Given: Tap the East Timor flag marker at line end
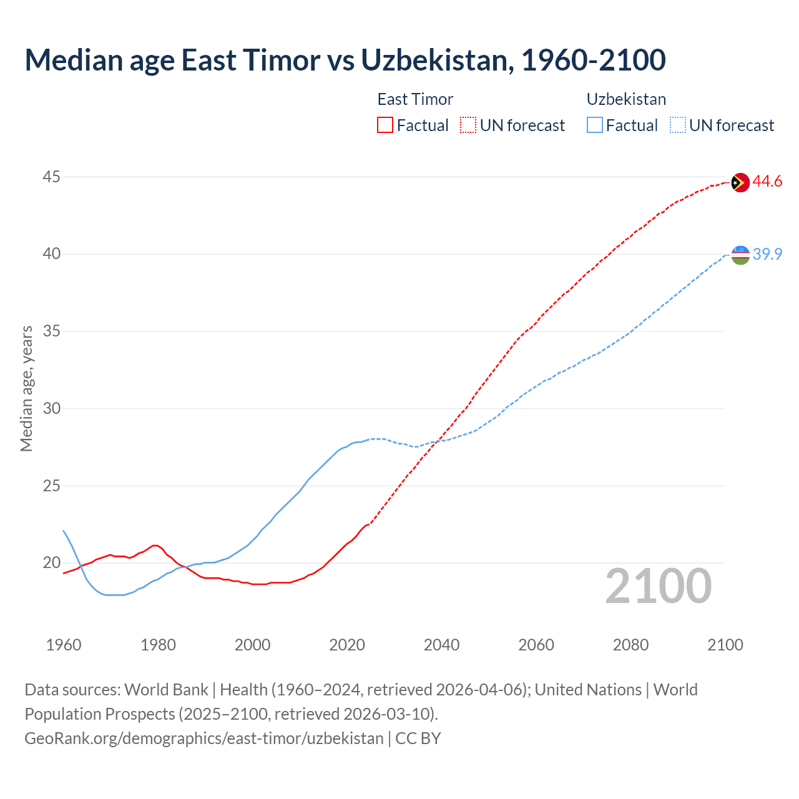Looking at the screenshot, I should (740, 182).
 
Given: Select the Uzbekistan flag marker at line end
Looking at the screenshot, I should (740, 255).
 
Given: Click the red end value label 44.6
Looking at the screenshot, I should (767, 182).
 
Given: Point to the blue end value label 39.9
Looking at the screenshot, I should (767, 254).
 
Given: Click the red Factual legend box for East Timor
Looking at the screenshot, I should (385, 125).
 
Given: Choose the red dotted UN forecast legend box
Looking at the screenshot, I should (468, 125).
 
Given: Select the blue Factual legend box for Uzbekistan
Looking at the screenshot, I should (595, 125).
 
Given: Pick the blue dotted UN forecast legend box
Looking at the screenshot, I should (678, 125).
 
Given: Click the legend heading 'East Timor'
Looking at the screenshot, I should (415, 99).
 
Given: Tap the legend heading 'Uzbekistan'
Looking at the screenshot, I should (626, 99).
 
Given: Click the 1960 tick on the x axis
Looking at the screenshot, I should (64, 645).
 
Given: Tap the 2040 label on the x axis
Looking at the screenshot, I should (441, 645).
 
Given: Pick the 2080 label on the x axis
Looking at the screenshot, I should (630, 645).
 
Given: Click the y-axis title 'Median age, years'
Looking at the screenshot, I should (26, 388).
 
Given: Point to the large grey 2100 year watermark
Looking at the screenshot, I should (658, 586).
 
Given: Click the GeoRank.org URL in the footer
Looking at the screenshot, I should (204, 738).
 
